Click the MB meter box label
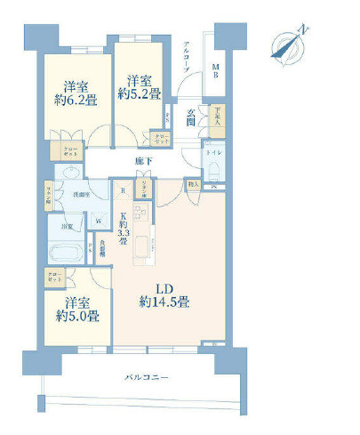click(216, 76)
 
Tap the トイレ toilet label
click(213, 152)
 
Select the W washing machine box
click(99, 222)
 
